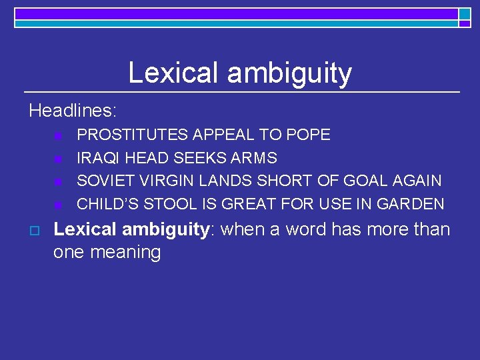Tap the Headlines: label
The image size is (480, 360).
pyautogui.click(x=73, y=110)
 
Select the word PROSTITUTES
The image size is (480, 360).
pyautogui.click(x=133, y=135)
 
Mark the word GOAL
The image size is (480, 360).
pyautogui.click(x=365, y=181)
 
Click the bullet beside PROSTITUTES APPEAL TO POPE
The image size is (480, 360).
pyautogui.click(x=57, y=136)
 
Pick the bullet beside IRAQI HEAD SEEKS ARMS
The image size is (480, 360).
pyautogui.click(x=57, y=159)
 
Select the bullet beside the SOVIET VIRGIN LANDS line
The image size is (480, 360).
pyautogui.click(x=57, y=181)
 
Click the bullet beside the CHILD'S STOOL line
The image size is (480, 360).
pyautogui.click(x=57, y=204)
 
